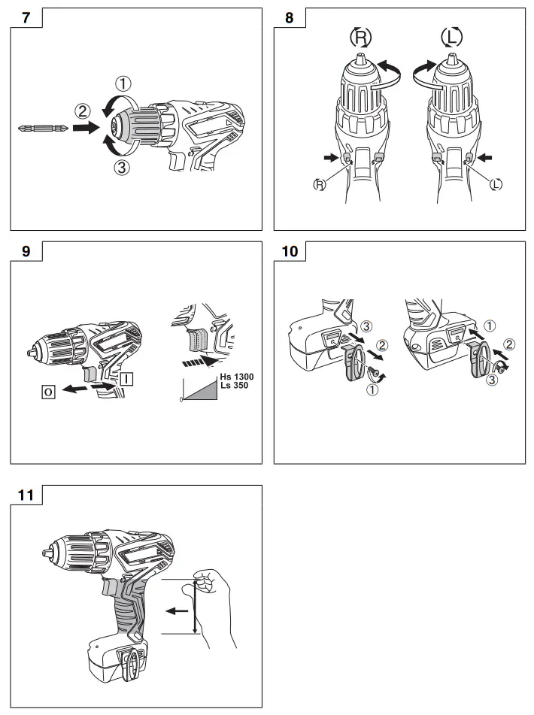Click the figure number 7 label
point(26,17)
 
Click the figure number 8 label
point(290,17)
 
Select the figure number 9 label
point(26,252)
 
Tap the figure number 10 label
point(290,252)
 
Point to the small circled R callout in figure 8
point(320,183)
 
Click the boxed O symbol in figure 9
point(49,392)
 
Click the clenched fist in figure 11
point(217,583)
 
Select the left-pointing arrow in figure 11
point(177,611)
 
